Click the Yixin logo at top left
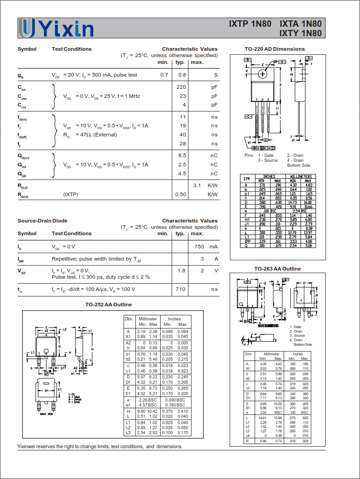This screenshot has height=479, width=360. (57, 29)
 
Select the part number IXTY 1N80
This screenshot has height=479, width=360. (301, 33)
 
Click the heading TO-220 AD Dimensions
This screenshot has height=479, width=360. (274, 49)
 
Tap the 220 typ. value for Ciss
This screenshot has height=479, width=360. (181, 87)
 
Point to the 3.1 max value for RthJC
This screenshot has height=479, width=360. (197, 185)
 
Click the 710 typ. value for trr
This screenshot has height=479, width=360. (180, 289)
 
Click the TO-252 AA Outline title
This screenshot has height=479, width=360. (108, 305)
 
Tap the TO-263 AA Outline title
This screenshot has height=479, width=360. (277, 269)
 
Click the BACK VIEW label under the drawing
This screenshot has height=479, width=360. (47, 414)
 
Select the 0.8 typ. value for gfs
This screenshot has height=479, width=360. (182, 75)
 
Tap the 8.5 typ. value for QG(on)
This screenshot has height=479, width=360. (182, 155)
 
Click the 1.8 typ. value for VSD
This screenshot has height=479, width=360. (182, 271)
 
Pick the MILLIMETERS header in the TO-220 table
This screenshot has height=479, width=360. (301, 176)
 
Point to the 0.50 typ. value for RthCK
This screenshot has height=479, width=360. (180, 194)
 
